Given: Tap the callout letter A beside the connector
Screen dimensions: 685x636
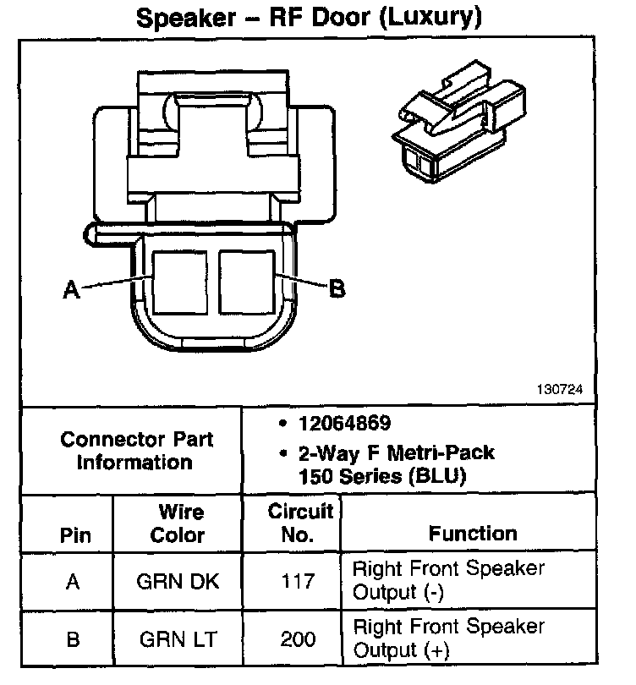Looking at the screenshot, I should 72,290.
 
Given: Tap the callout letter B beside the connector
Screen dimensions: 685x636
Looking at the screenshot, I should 336,289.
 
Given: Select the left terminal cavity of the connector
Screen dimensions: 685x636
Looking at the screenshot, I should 178,280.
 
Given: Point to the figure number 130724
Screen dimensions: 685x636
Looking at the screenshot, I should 558,391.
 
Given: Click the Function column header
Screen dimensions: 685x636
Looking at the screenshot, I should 473,533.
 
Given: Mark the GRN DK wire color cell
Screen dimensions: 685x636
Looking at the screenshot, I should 178,582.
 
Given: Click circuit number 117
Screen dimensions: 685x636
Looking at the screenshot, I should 297,582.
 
